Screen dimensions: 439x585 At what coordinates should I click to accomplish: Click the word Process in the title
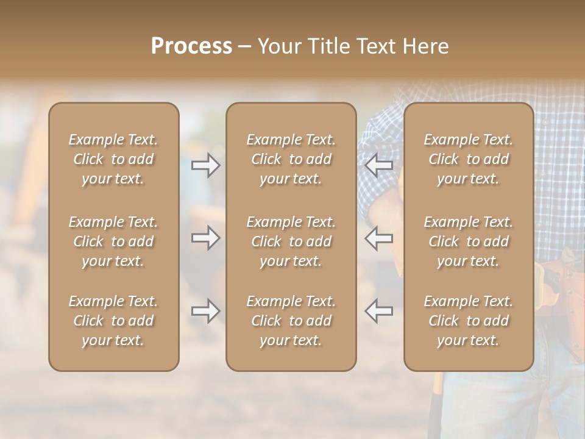(191, 46)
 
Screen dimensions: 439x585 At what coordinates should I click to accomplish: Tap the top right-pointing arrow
(205, 165)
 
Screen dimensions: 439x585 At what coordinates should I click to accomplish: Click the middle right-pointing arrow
(205, 238)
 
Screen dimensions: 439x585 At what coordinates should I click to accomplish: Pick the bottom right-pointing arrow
(205, 311)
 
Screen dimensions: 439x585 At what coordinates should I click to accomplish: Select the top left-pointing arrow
(379, 165)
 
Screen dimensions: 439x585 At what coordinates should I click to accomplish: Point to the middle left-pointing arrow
(379, 238)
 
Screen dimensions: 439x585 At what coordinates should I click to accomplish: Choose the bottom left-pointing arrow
(379, 311)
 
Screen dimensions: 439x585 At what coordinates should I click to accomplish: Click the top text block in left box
(113, 159)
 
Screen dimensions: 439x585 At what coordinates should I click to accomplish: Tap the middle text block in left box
(113, 241)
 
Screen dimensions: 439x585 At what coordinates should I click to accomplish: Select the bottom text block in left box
(113, 321)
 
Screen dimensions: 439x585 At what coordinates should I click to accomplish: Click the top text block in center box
(291, 159)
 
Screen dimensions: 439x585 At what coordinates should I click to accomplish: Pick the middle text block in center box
(291, 241)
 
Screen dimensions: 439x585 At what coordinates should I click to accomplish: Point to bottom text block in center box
(291, 321)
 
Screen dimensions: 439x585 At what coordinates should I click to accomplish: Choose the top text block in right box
(468, 159)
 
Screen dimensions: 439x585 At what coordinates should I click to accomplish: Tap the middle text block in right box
(468, 241)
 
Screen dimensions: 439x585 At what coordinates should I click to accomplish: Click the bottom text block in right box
(468, 321)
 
